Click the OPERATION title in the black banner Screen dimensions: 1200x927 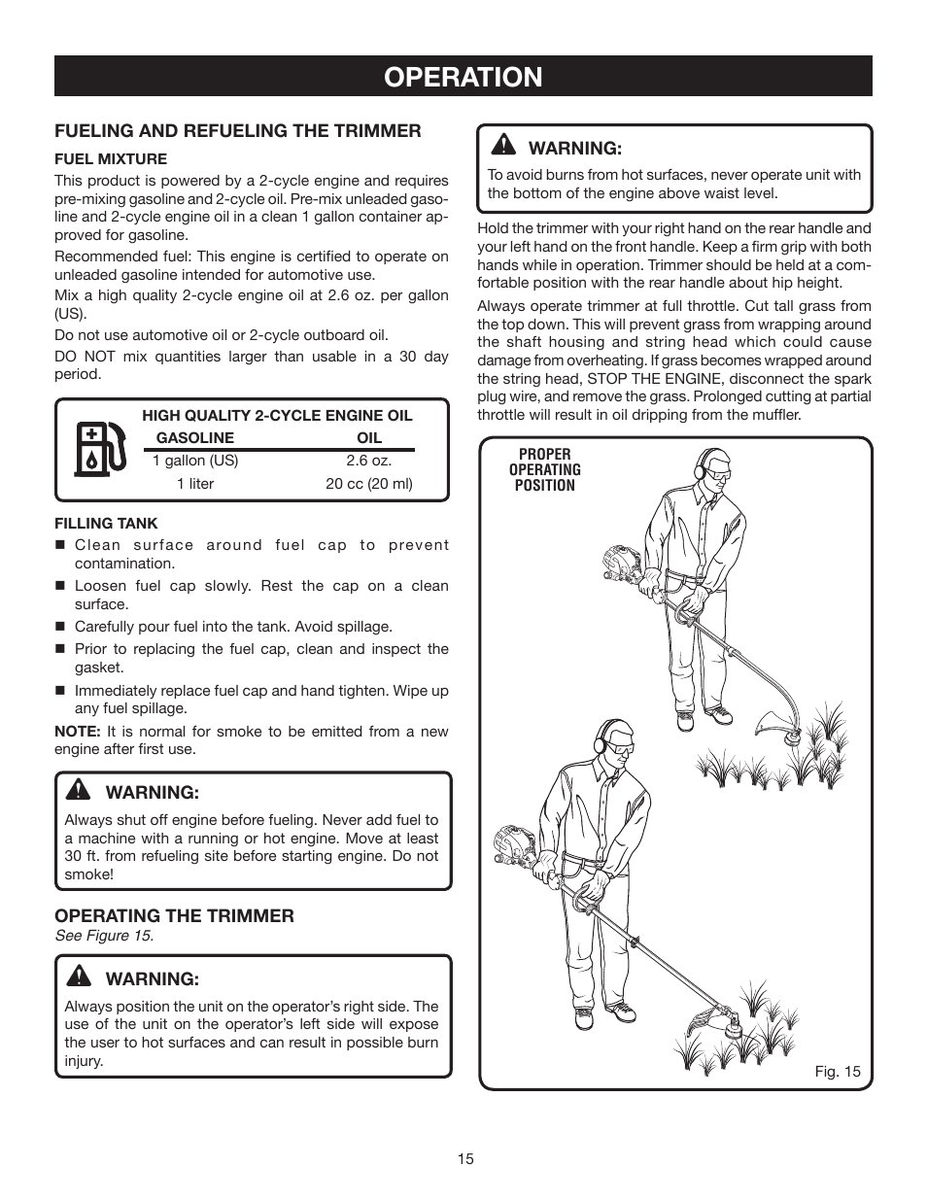tap(463, 77)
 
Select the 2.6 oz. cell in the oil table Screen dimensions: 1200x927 tap(369, 461)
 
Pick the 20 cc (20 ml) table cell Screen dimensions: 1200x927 tap(369, 484)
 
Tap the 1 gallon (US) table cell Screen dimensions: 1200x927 tap(195, 461)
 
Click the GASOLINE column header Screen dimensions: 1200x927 tap(195, 437)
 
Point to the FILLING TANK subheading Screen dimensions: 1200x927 tap(106, 523)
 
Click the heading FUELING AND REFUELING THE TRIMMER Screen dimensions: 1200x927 tap(238, 130)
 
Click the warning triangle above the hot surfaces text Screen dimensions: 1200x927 tap(503, 146)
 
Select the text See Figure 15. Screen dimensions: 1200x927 tap(104, 936)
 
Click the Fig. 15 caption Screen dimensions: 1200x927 tap(838, 1073)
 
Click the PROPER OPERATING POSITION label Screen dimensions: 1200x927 tap(544, 469)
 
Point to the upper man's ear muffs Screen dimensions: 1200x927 tap(700, 469)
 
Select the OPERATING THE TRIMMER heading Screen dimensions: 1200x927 tap(174, 915)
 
